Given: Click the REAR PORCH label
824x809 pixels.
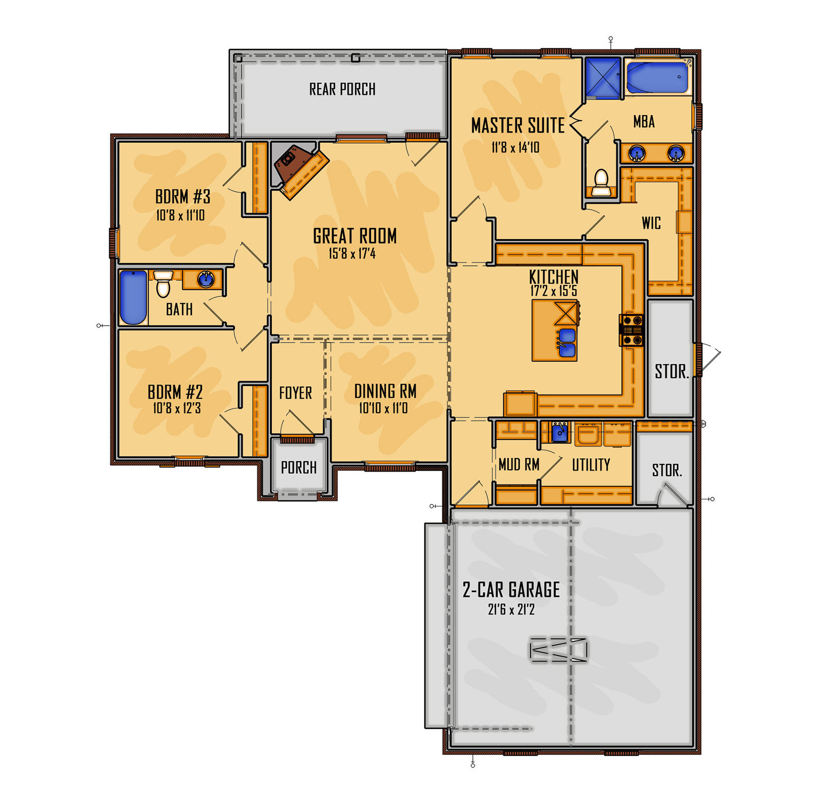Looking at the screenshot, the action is pos(342,89).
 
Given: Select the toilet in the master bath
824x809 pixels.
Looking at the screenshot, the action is pos(601,183).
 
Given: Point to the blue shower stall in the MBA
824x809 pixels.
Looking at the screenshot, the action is pos(603,77).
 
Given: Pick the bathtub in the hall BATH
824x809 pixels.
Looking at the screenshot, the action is pos(133,297).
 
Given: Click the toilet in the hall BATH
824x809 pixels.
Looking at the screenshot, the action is pos(163,284).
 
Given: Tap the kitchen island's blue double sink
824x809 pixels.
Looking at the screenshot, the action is pos(566,343).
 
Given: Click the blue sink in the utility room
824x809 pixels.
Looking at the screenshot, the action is pos(560,432).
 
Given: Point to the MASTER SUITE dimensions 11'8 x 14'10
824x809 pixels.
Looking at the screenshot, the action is pos(515,148).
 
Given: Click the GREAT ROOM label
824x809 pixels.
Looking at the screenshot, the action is pos(355,236).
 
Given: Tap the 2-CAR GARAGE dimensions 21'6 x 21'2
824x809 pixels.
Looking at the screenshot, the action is pos(511,610).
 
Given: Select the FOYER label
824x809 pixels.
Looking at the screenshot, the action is pos(295,393).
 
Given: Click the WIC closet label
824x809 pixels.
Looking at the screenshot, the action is pos(651,223).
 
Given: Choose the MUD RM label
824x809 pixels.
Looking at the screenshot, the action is pos(519,465).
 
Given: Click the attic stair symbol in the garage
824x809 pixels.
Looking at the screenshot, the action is pos(558,650).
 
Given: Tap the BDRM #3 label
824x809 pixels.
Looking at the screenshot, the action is pos(183,196).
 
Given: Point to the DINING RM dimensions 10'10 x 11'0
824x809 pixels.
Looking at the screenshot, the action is pos(383,409).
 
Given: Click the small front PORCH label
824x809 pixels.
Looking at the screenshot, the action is pos(299,468).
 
